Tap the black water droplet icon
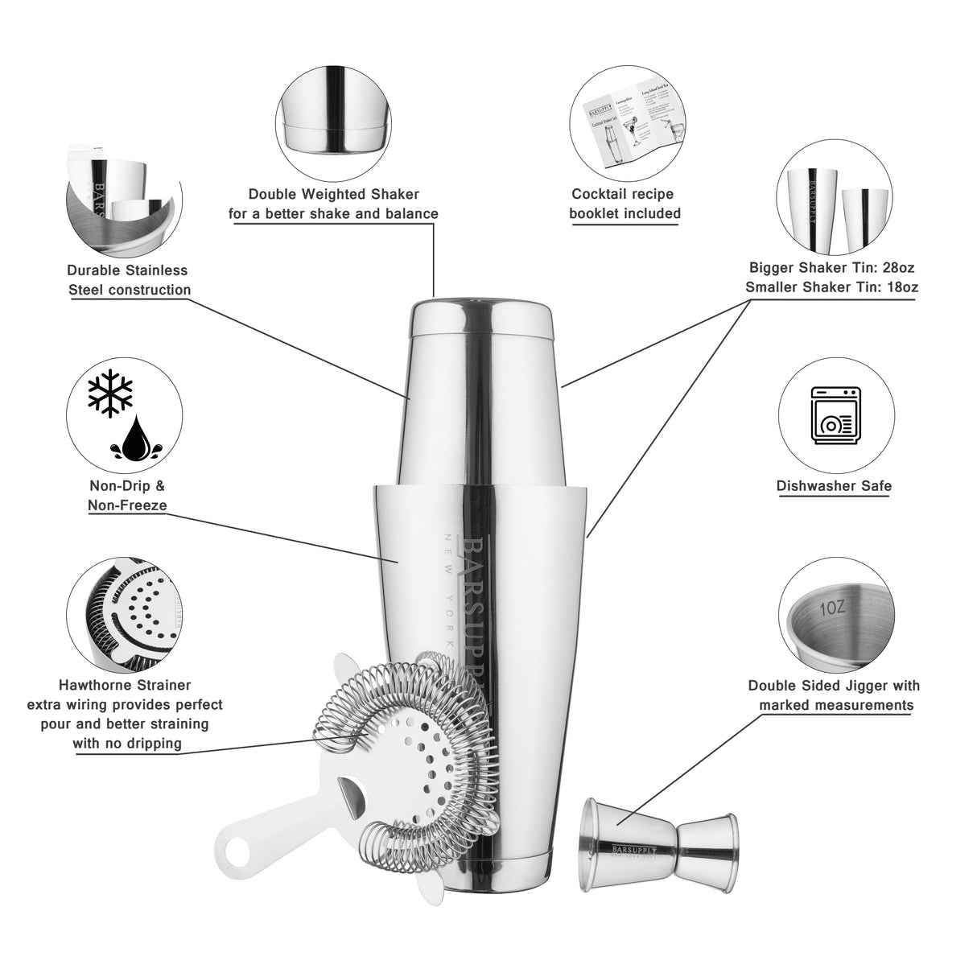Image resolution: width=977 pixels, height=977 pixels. click(134, 439)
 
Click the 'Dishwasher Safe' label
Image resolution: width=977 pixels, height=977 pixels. click(834, 486)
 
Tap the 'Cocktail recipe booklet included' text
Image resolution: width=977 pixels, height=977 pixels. click(625, 204)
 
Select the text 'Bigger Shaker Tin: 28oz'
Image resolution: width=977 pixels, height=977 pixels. click(832, 267)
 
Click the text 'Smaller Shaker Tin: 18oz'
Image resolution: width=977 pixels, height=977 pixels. click(832, 287)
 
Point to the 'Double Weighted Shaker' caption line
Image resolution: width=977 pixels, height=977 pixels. click(333, 194)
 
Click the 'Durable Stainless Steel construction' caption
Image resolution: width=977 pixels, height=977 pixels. click(129, 280)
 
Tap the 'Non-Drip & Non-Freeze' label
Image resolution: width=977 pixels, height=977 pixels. click(127, 496)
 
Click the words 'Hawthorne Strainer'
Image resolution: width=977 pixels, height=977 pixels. click(125, 686)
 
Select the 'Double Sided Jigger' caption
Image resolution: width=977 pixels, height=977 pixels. click(834, 686)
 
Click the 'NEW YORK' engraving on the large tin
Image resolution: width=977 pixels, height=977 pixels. click(448, 592)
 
